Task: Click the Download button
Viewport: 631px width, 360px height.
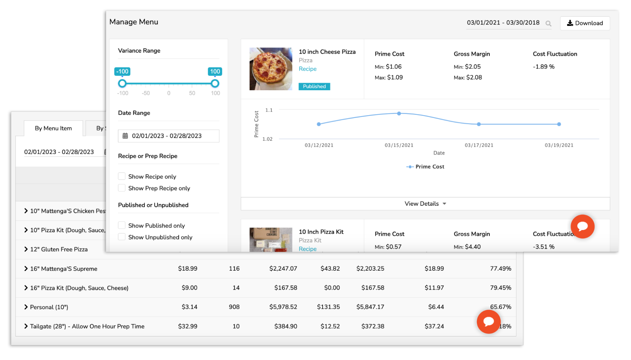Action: pyautogui.click(x=585, y=23)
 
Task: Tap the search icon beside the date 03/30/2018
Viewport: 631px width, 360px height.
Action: pyautogui.click(x=548, y=23)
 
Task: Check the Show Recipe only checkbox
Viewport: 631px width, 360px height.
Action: pyautogui.click(x=122, y=176)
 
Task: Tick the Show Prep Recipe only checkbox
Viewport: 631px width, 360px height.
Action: pyautogui.click(x=122, y=188)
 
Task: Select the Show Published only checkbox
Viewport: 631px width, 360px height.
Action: pyautogui.click(x=122, y=225)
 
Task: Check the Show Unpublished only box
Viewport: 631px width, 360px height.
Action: pyautogui.click(x=122, y=237)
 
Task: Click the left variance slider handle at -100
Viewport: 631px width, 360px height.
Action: pyautogui.click(x=122, y=84)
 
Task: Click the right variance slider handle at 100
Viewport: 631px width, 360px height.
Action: pyautogui.click(x=215, y=84)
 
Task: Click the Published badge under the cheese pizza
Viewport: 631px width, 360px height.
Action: pyautogui.click(x=314, y=86)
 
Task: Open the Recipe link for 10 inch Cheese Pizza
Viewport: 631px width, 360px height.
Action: pyautogui.click(x=307, y=69)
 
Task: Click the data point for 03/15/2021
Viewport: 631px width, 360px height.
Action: pyautogui.click(x=399, y=113)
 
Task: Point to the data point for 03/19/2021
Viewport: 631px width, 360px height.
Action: pyautogui.click(x=559, y=124)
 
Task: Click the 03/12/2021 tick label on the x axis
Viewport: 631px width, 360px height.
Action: pyautogui.click(x=319, y=145)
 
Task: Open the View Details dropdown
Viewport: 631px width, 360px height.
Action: pyautogui.click(x=425, y=204)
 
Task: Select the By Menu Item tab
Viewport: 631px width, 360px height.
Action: pyautogui.click(x=53, y=128)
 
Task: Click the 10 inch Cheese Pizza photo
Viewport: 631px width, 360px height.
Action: pyautogui.click(x=271, y=69)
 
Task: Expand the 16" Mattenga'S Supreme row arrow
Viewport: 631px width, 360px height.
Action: pyautogui.click(x=26, y=269)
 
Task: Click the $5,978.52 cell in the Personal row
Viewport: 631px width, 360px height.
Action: pyautogui.click(x=283, y=307)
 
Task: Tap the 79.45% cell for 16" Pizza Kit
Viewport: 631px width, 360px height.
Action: pyautogui.click(x=500, y=288)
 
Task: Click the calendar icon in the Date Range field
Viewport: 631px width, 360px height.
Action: pyautogui.click(x=125, y=136)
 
